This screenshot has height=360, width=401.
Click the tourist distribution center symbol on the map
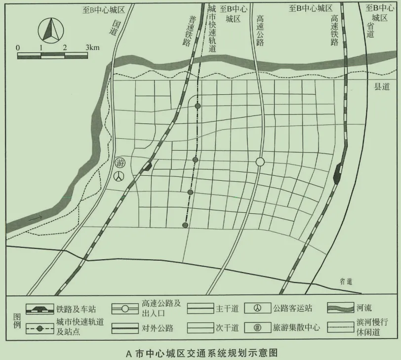click(119, 162)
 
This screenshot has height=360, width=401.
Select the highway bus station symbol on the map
click(119, 176)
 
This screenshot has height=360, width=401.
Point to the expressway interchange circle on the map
click(260, 162)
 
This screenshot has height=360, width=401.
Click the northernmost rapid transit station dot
click(198, 106)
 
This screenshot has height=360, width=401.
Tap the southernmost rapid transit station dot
click(185, 225)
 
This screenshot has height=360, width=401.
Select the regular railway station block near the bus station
click(147, 166)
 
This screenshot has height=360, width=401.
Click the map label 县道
click(381, 87)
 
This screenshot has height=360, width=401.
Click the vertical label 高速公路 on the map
click(260, 30)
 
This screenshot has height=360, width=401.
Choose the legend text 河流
click(364, 309)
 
